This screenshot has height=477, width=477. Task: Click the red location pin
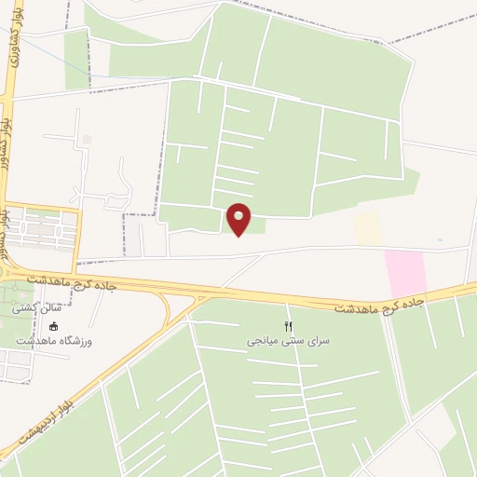pos(239,220)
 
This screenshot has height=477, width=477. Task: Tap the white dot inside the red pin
pos(239,215)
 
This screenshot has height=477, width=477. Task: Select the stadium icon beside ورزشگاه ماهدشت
pos(53,327)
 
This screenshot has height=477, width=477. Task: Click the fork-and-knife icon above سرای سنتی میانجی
pos(289,325)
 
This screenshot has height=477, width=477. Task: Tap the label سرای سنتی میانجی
pos(289,342)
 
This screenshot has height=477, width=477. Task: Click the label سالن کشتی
pos(30,307)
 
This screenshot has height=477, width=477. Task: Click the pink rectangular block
pos(405,273)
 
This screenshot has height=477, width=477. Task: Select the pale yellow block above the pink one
pos(367,228)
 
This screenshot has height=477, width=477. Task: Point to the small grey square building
pos(88,139)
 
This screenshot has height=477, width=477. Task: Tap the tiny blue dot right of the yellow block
pos(440,240)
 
